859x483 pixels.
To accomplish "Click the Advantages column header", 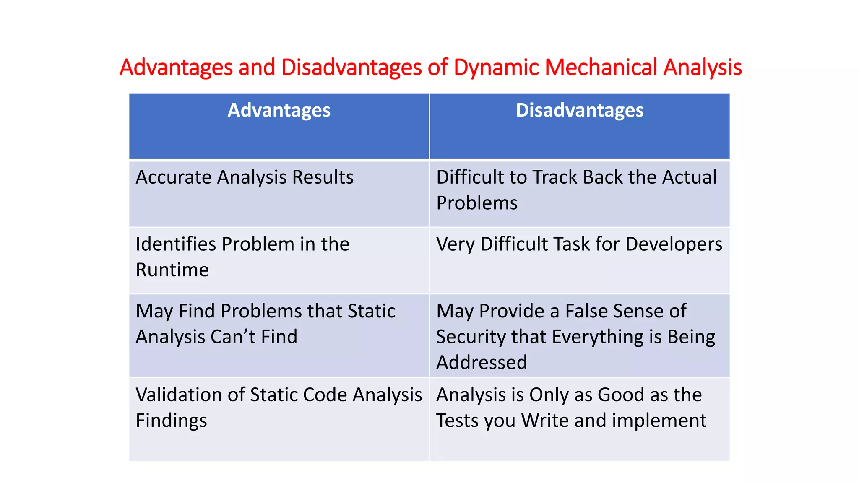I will (x=279, y=111).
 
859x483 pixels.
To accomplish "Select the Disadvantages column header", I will (x=579, y=111).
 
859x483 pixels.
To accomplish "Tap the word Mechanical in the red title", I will (x=601, y=68).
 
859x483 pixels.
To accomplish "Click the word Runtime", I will (x=172, y=270).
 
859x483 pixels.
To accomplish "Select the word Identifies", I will (x=176, y=244).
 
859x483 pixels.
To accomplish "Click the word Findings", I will (x=171, y=421).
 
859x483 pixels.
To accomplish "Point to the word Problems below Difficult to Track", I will (x=477, y=203).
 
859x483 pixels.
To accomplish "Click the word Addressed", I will (x=482, y=362).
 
